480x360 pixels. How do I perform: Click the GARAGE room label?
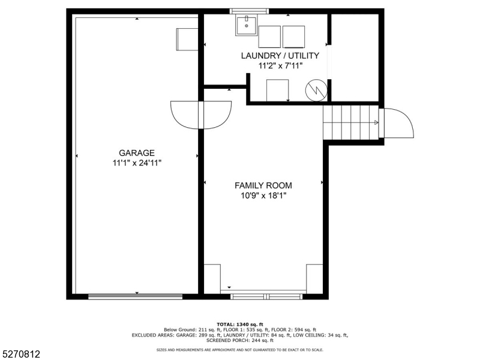tap(137, 152)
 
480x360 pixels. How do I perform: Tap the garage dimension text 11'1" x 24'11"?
tap(137, 163)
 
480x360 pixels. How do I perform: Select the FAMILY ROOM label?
tap(263, 185)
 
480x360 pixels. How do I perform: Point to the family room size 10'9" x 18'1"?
tap(263, 196)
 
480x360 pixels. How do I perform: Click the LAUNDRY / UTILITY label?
tap(280, 56)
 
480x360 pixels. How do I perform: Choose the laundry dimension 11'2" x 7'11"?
tap(280, 66)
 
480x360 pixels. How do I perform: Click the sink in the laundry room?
tap(246, 26)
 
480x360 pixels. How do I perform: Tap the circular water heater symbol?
tap(315, 90)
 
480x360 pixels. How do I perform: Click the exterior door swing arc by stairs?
tap(397, 123)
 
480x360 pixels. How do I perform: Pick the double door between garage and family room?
tap(201, 114)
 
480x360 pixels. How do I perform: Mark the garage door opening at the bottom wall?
tap(136, 296)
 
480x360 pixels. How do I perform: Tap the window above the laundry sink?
tap(246, 11)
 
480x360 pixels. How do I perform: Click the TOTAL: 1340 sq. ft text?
tap(240, 324)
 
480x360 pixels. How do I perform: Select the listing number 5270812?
tap(21, 355)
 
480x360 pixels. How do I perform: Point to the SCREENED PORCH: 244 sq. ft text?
tap(240, 340)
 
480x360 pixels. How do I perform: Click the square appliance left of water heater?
tap(278, 90)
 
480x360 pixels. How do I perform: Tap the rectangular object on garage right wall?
tap(187, 40)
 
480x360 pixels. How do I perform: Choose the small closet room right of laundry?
tap(355, 57)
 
